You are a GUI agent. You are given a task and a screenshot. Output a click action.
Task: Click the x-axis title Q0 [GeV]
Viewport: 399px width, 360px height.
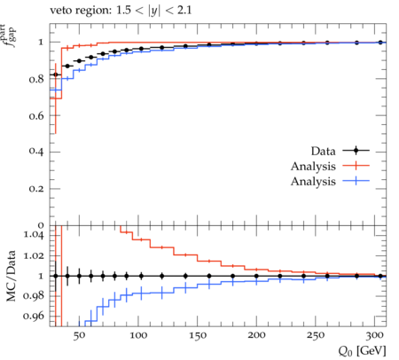(x=363, y=351)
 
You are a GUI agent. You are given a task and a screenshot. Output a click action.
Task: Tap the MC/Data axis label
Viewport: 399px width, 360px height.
(x=11, y=276)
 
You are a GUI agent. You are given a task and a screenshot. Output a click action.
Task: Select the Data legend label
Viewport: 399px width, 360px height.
(x=323, y=151)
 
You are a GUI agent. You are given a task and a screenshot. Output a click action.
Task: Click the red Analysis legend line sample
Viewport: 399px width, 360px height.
(x=356, y=166)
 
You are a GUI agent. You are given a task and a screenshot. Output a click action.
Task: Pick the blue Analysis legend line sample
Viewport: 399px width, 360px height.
(x=356, y=181)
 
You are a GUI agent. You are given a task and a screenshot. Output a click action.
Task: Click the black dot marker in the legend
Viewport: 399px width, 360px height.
(x=356, y=151)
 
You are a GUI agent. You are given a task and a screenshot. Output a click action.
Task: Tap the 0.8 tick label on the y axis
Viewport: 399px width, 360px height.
(x=36, y=79)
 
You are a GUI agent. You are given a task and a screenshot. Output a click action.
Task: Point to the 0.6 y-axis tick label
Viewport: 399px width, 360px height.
(x=36, y=115)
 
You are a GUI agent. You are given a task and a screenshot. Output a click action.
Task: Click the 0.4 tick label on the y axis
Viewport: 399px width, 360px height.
(x=36, y=152)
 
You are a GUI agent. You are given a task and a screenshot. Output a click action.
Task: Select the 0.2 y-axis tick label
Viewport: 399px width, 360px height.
(x=36, y=189)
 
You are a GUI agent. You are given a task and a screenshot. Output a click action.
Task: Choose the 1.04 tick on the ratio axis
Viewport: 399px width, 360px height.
(x=34, y=235)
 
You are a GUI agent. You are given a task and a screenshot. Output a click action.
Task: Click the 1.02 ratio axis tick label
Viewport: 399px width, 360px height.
(x=34, y=255)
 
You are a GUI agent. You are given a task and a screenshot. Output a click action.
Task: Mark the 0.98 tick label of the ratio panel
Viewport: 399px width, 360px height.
(x=34, y=296)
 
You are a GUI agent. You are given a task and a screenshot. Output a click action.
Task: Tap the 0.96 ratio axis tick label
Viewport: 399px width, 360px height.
(x=34, y=316)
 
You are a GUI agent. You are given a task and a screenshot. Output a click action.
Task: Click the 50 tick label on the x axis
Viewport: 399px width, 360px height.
(x=79, y=335)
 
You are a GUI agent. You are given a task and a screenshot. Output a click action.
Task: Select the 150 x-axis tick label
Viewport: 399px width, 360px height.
(x=198, y=335)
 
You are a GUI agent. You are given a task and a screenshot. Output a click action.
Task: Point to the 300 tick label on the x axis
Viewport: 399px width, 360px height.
(x=375, y=335)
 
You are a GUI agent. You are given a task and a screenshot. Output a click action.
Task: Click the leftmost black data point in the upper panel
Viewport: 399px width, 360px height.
(x=56, y=74)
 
